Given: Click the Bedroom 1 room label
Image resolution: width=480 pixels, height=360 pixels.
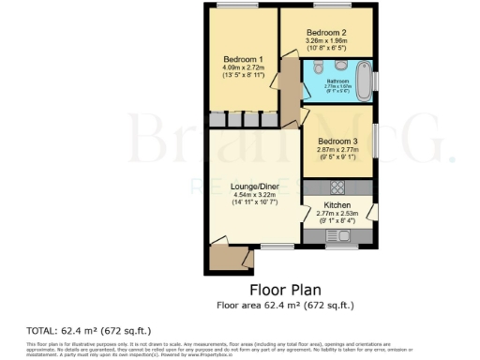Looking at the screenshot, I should (243, 59).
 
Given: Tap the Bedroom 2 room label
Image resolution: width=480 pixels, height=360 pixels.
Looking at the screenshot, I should (326, 32).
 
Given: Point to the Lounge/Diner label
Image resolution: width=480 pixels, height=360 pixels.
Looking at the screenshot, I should (255, 187).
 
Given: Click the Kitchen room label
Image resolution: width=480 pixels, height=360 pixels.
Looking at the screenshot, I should (337, 204).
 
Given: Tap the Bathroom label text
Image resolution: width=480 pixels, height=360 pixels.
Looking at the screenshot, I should (337, 81).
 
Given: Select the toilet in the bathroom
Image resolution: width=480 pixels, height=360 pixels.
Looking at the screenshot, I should (320, 67).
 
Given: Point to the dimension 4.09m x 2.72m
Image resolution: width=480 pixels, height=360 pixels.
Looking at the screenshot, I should (243, 67).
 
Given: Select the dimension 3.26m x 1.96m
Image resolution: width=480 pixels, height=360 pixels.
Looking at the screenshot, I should (326, 41).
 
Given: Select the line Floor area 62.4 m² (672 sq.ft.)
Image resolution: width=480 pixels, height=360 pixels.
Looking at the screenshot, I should (285, 305).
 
